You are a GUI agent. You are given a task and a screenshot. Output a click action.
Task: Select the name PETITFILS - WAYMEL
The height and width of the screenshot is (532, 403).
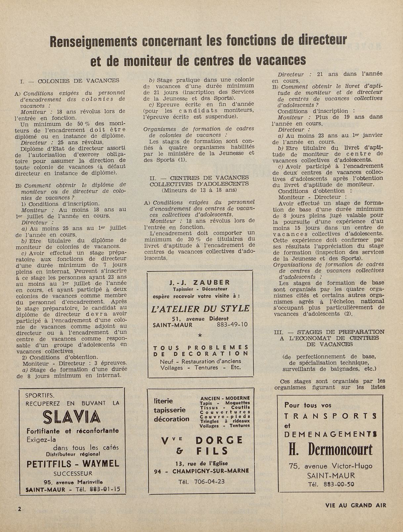(72, 463)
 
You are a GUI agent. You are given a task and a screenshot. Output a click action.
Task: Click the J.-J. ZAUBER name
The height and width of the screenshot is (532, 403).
(200, 282)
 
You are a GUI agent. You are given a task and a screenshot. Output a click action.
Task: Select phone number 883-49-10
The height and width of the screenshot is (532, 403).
(232, 325)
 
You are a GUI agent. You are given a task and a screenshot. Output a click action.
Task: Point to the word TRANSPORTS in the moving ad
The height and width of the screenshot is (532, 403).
(331, 416)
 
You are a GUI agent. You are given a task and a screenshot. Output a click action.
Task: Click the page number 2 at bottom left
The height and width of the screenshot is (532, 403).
(20, 509)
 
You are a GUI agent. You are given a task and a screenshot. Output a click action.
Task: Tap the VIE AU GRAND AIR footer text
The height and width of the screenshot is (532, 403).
(356, 506)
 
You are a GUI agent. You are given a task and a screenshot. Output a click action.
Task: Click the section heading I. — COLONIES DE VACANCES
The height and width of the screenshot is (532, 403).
(69, 80)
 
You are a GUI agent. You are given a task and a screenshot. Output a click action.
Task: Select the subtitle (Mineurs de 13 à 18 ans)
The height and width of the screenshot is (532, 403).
(199, 190)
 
